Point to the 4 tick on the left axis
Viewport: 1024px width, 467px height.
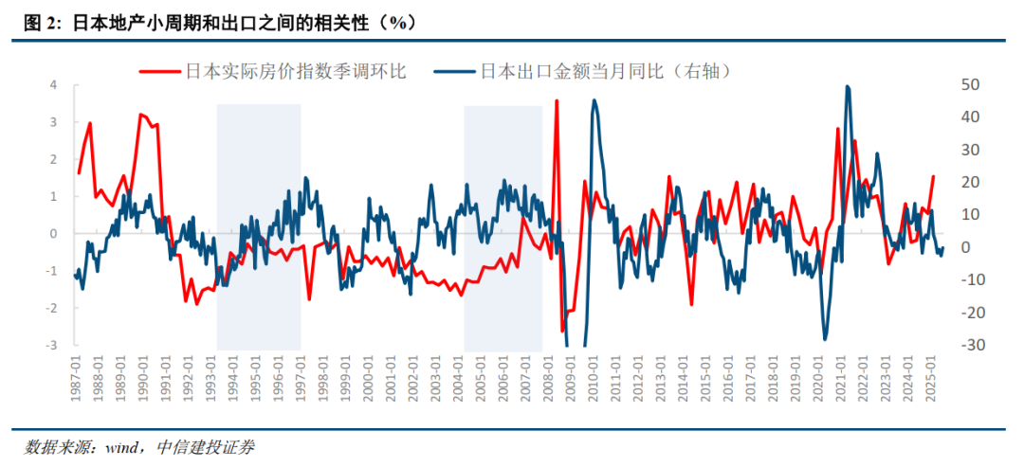tap(53, 85)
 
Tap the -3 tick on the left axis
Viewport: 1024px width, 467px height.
tap(51, 346)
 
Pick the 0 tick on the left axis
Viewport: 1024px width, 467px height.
tap(53, 234)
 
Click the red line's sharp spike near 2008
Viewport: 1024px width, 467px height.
tap(557, 100)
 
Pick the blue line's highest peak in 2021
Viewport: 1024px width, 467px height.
tap(847, 87)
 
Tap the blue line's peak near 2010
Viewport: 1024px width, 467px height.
tap(594, 100)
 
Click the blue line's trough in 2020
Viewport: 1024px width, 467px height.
tap(825, 338)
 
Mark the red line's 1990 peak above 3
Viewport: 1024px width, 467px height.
tap(140, 115)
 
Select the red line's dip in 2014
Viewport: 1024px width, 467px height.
tap(691, 305)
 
